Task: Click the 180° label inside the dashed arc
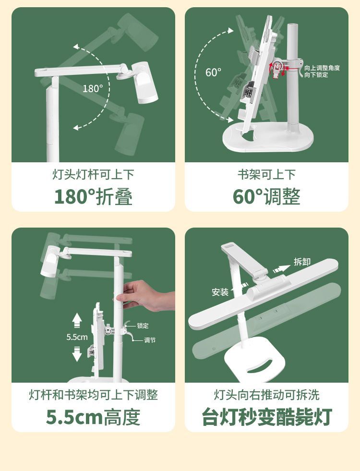(x=93, y=89)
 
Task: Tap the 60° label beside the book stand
(x=214, y=72)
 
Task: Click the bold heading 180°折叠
(x=94, y=197)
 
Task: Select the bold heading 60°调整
(x=266, y=197)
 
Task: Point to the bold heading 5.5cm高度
(x=93, y=417)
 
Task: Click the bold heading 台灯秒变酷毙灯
(x=266, y=417)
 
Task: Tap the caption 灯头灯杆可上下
(x=94, y=174)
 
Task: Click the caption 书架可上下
(x=266, y=174)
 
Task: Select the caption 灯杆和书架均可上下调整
(x=94, y=395)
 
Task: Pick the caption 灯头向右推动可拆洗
(x=266, y=395)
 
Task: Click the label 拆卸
(x=302, y=262)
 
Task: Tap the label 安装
(x=220, y=292)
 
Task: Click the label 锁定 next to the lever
(x=143, y=326)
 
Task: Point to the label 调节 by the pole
(x=150, y=340)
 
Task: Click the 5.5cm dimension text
(x=77, y=337)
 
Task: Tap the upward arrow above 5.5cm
(x=77, y=320)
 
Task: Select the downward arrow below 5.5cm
(x=77, y=354)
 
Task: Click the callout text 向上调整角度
(x=322, y=68)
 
